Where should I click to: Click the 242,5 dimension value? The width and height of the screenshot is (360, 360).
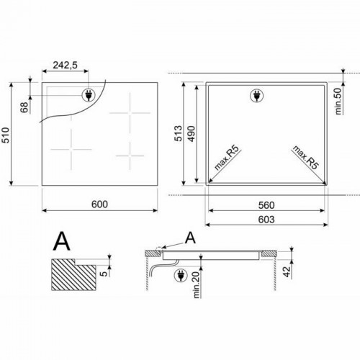pyautogui.click(x=65, y=65)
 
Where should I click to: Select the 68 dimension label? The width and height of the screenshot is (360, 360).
pyautogui.click(x=24, y=107)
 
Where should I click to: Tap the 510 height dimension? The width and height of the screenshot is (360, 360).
pyautogui.click(x=6, y=135)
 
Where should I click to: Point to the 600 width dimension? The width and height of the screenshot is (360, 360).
pyautogui.click(x=99, y=204)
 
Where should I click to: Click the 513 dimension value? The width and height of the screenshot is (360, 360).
pyautogui.click(x=179, y=133)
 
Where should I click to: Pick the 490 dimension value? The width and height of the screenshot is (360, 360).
pyautogui.click(x=192, y=133)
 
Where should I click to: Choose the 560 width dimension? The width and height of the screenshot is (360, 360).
pyautogui.click(x=266, y=205)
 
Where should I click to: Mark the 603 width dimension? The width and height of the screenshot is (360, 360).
pyautogui.click(x=266, y=220)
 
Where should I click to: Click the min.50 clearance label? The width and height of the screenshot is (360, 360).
pyautogui.click(x=338, y=101)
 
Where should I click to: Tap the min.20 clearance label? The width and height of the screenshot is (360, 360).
pyautogui.click(x=197, y=285)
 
